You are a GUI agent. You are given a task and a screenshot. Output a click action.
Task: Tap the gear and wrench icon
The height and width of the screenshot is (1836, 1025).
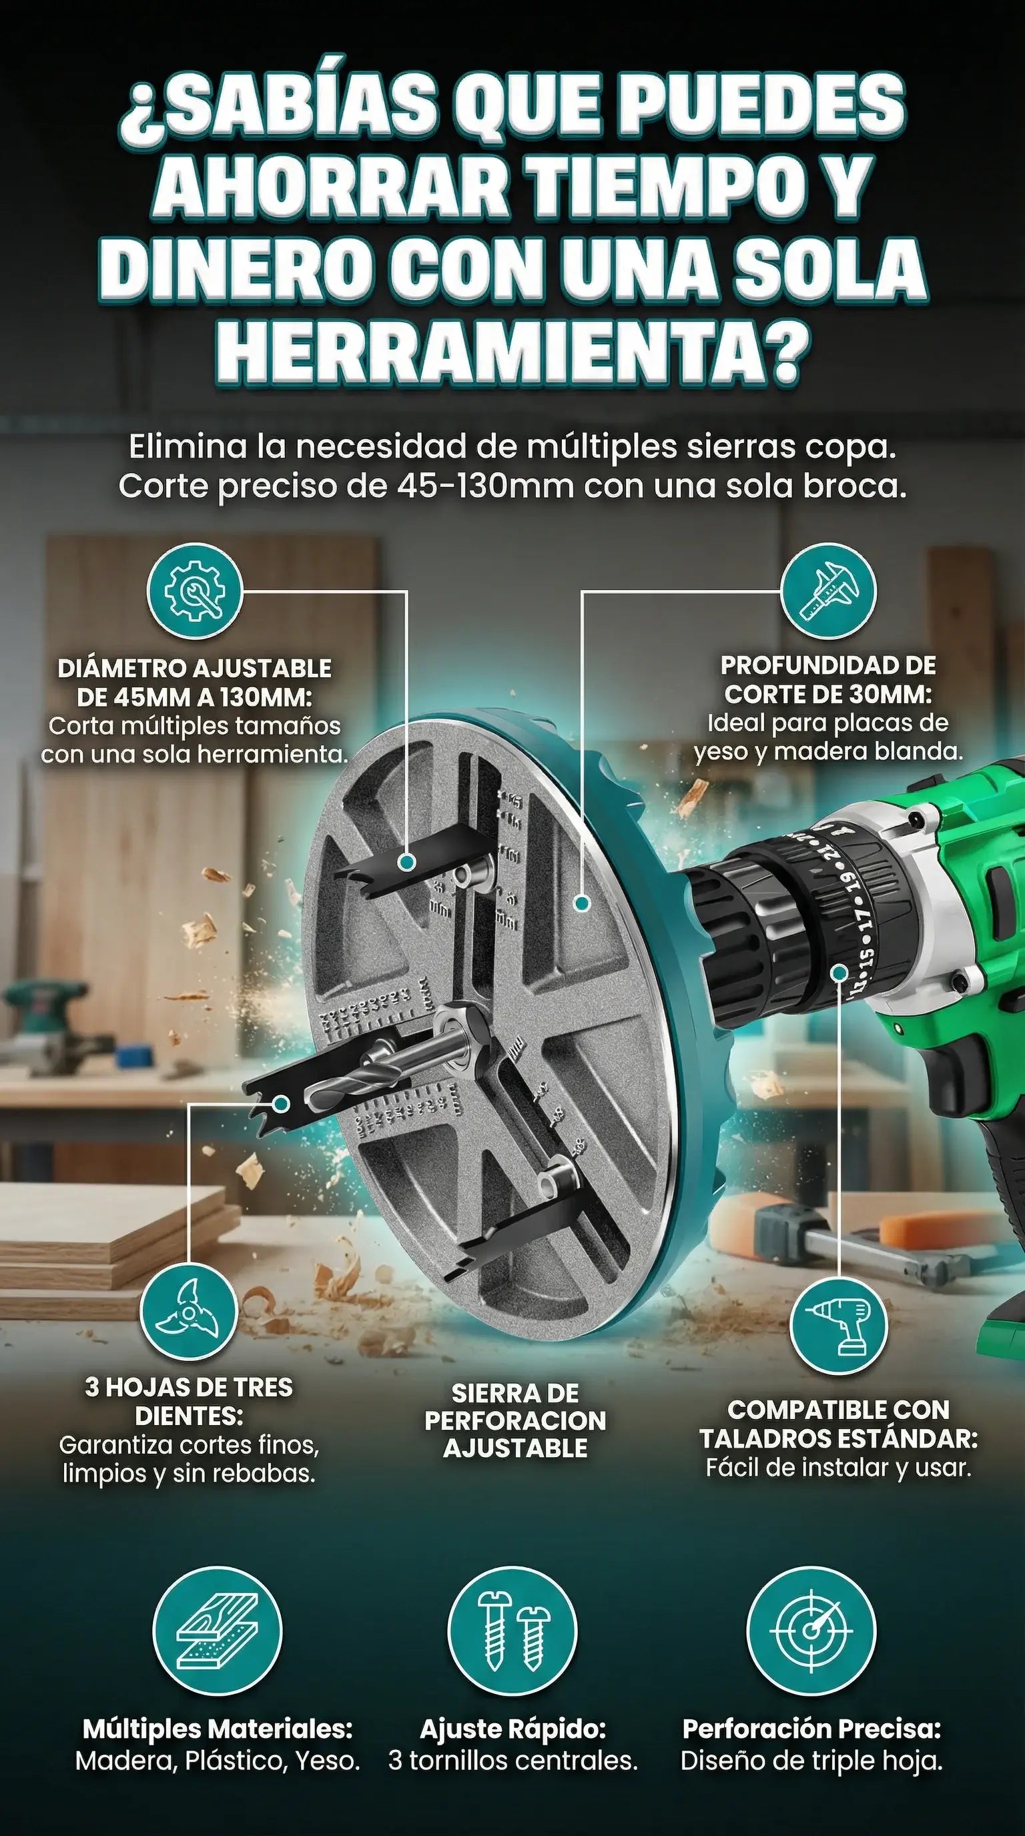[x=196, y=592]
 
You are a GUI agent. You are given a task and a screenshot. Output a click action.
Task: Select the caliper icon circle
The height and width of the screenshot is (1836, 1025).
[x=828, y=592]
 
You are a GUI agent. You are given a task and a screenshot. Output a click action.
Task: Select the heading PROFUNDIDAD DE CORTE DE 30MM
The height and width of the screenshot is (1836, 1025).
[x=828, y=679]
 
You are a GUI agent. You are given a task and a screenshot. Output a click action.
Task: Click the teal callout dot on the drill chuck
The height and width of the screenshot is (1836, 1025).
[x=839, y=972]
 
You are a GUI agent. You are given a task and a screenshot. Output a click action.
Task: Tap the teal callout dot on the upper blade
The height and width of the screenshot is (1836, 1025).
[x=407, y=862]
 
